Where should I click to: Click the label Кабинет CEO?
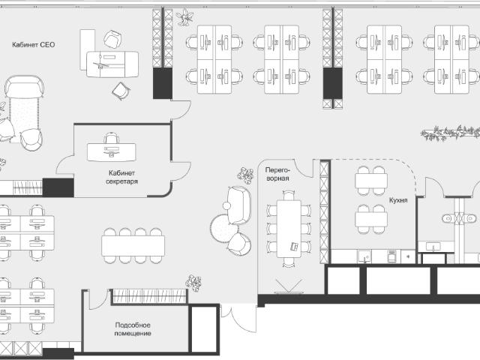[x=33, y=45]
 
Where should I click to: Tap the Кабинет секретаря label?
[x=121, y=177]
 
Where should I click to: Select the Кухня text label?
[x=398, y=200]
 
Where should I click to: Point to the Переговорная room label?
[x=277, y=174]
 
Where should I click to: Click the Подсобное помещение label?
[x=133, y=329]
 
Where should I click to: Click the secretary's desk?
[x=112, y=152]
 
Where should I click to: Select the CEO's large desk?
[x=112, y=64]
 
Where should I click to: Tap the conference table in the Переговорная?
[x=289, y=229]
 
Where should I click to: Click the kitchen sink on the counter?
[x=364, y=256]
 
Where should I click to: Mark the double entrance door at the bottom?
[x=239, y=317]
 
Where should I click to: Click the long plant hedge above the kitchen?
[x=450, y=133]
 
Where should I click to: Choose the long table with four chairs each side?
[x=133, y=246]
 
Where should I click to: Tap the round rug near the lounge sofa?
[x=223, y=228]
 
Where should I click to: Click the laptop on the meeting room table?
[x=295, y=247]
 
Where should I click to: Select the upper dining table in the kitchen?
[x=371, y=181]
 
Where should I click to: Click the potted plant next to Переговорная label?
[x=245, y=175]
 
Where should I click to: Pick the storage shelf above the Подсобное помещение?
[x=149, y=296]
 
